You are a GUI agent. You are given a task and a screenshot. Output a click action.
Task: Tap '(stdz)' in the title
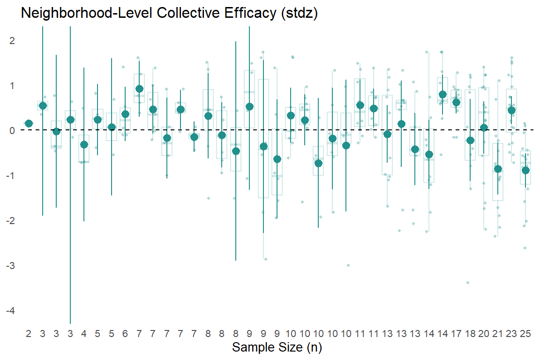coord(300,14)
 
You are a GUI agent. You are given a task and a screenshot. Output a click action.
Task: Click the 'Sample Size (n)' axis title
coord(277,348)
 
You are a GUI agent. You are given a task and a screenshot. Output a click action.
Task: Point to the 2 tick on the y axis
coord(12,41)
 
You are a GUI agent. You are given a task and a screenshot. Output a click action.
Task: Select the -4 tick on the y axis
coord(11,311)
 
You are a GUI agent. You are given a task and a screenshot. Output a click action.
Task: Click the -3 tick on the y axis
coord(11,266)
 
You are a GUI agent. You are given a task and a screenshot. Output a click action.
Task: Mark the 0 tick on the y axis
coord(12,131)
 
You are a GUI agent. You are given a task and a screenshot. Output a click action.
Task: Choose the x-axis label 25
coord(525,334)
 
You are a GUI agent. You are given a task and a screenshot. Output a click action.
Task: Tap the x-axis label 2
coord(29,334)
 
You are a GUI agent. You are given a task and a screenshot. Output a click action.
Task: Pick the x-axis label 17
coord(457,334)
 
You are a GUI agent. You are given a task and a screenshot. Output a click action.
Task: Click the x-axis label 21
coord(498,334)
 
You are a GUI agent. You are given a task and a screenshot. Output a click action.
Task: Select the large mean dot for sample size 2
coord(29,123)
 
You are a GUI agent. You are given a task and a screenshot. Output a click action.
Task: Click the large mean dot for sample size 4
coord(84,144)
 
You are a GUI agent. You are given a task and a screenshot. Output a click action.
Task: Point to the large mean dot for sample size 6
coord(126,114)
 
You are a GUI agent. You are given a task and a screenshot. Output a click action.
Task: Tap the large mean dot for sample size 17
coord(457,102)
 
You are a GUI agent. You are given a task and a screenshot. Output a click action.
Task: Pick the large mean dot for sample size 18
coord(471,140)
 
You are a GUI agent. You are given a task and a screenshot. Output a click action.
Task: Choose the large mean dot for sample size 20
coord(484,127)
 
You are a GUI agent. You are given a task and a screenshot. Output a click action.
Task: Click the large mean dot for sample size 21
coord(498,169)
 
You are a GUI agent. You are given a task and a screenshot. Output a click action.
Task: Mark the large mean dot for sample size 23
coord(512,110)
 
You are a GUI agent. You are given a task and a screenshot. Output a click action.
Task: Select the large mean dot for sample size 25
coord(525,170)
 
